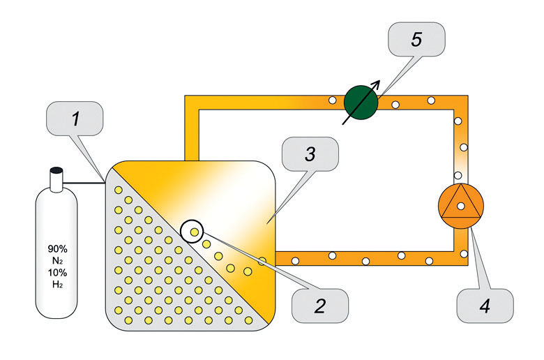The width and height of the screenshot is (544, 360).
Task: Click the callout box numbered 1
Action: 75,119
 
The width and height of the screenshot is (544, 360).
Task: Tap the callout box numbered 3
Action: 310,155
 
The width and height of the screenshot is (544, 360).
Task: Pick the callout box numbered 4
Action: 484,305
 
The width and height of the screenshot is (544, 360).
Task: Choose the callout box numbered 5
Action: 416,40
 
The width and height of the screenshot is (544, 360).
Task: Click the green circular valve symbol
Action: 361,104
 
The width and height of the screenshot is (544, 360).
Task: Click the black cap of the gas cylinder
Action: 56,170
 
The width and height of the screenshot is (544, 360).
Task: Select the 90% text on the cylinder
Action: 57,247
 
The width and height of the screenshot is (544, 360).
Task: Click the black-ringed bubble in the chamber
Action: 193,231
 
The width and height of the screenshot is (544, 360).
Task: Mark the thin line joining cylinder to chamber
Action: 84,183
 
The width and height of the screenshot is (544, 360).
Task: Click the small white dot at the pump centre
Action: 460,206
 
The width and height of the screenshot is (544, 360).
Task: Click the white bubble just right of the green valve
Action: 395,105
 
